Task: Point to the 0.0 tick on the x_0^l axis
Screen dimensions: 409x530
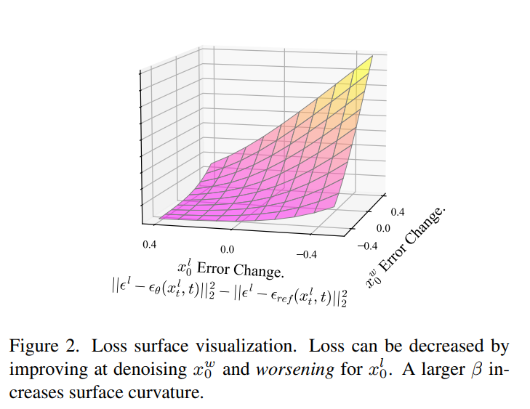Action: point(228,249)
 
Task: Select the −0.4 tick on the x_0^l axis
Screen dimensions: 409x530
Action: point(308,254)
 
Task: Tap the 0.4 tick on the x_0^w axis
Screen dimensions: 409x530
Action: point(398,212)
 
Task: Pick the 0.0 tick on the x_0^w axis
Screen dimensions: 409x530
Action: point(383,228)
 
